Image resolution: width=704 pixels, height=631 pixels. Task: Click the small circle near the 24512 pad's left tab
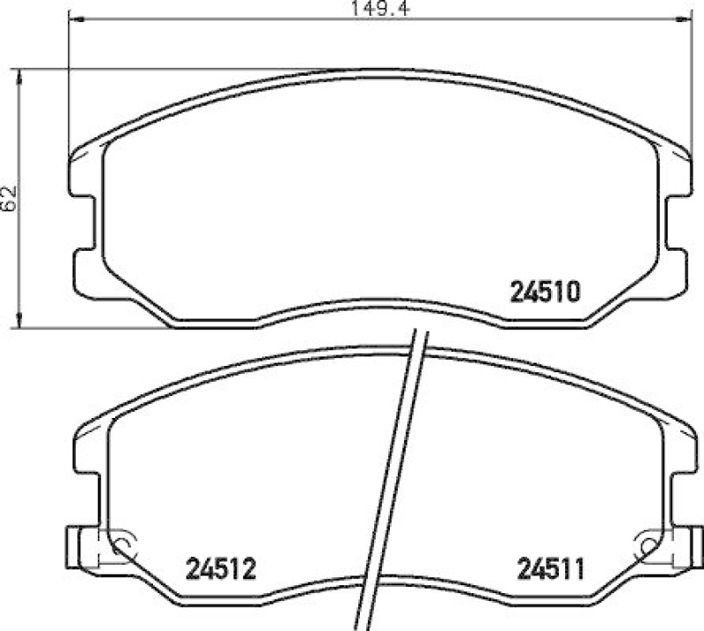[121, 546]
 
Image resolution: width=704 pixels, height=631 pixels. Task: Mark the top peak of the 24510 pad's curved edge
[378, 70]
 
